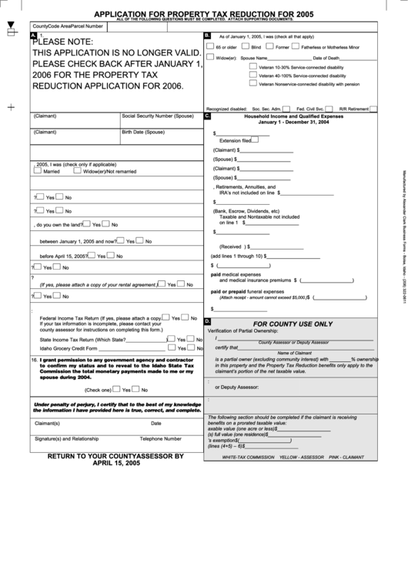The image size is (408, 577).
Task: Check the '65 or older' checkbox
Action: click(x=212, y=47)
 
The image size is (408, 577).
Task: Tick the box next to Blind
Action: click(x=246, y=47)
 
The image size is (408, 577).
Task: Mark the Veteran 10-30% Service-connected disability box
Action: click(x=253, y=67)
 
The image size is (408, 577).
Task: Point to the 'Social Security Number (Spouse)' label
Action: click(x=157, y=116)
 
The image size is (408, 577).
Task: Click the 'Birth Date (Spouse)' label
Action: click(x=143, y=132)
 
